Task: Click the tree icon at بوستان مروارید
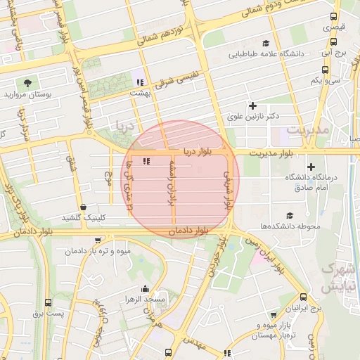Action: [x=28, y=83]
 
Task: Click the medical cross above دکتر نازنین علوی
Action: [x=252, y=105]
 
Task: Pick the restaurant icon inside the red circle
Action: [x=146, y=162]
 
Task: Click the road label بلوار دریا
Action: [x=198, y=151]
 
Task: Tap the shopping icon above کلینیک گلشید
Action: [x=84, y=207]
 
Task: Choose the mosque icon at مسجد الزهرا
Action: [x=145, y=288]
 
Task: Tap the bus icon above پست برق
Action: [x=48, y=302]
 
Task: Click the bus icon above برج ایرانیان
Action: [x=303, y=297]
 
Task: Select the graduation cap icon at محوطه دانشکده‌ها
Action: [x=290, y=215]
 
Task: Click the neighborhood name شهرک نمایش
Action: [x=335, y=278]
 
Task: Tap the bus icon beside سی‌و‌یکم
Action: [x=324, y=70]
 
